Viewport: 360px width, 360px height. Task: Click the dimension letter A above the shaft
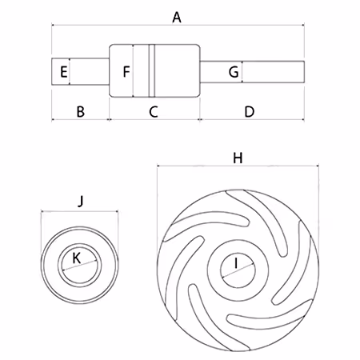coord(177,18)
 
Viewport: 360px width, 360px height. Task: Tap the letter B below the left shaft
coord(80,112)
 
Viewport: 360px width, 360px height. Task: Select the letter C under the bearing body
coord(154,112)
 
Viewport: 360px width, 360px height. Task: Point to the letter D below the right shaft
coord(250,112)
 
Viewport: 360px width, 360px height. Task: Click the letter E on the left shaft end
coord(63,72)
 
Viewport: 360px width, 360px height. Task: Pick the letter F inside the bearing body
coord(126,71)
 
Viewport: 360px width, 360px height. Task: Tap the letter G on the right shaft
coord(234,72)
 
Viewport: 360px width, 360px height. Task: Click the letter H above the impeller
coord(238,158)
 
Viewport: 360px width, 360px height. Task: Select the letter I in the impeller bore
coord(236,263)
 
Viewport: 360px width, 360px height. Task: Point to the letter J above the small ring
coord(81,201)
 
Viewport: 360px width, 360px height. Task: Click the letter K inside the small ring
coord(77,258)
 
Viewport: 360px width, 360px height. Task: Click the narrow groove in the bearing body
coord(152,70)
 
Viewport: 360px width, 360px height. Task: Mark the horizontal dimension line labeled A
coord(178,26)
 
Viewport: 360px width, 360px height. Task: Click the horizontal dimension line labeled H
coord(238,166)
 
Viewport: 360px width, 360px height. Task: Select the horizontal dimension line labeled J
coord(79,212)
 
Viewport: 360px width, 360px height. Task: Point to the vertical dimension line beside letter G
coord(242,72)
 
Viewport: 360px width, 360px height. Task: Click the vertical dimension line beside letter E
coord(70,71)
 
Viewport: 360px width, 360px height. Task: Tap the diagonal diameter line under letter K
coord(79,266)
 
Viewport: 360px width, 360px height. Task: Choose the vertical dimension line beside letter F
coord(133,70)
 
